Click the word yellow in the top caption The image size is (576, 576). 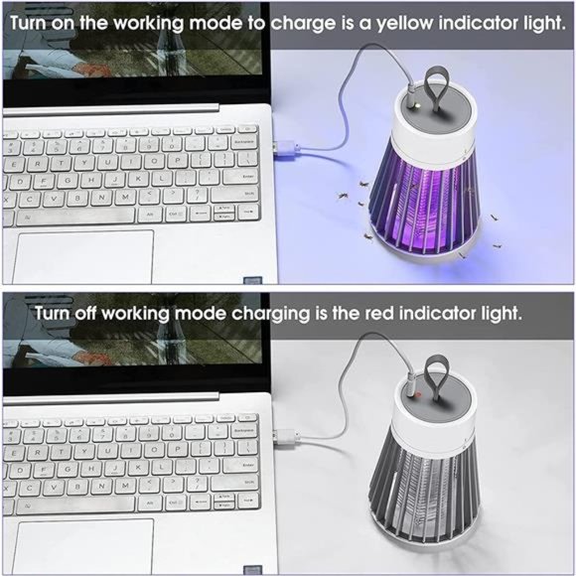(x=405, y=24)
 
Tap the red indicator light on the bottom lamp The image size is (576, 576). (x=418, y=395)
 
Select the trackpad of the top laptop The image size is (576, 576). (x=83, y=256)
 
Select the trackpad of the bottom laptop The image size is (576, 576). (x=83, y=545)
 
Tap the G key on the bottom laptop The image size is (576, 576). (x=68, y=469)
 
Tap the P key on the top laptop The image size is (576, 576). (x=178, y=160)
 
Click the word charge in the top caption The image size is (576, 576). (x=304, y=24)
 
